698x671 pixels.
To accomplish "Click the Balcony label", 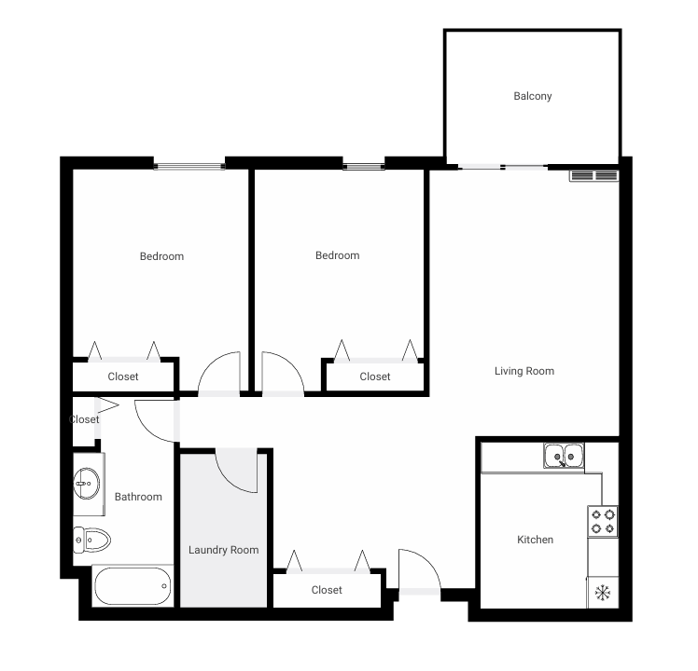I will point(532,96).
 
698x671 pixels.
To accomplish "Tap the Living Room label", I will point(523,371).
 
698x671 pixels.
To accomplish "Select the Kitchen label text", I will point(535,540).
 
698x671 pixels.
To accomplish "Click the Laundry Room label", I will point(223,550).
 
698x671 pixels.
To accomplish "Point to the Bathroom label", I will point(138,497).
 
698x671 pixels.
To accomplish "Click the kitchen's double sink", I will point(564,456).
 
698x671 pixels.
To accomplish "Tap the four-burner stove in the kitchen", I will point(603,521).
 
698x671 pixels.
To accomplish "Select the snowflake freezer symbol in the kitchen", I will point(603,592).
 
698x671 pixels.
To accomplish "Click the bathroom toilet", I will point(91,539).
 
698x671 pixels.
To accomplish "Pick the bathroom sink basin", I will point(87,484).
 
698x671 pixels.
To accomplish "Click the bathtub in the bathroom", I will point(133,586).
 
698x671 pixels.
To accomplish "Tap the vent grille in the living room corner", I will point(593,175).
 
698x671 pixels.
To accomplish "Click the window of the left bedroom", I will point(189,167).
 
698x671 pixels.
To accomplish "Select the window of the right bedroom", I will point(363,167).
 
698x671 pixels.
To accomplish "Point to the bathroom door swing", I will point(154,419).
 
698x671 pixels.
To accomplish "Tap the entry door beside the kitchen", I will point(418,571).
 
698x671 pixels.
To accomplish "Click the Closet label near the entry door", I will point(327,590).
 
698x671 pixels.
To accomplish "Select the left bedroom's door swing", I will point(220,375).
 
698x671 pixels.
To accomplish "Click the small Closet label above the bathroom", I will point(84,419).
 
